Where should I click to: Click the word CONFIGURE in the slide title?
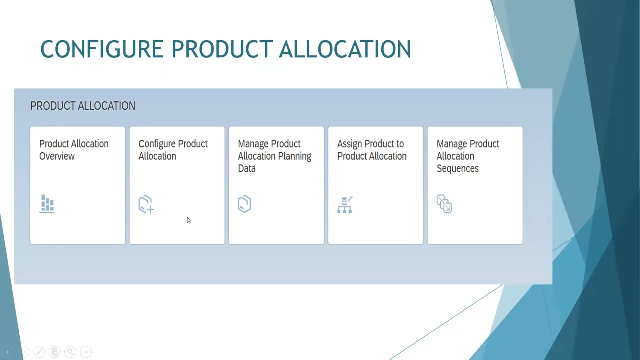[x=102, y=49]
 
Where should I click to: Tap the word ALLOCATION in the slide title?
[x=345, y=49]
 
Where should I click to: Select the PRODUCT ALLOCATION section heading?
[x=83, y=106]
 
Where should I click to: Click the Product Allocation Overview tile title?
[x=74, y=150]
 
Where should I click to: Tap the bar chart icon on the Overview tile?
[x=47, y=204]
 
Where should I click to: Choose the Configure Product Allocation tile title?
[x=173, y=150]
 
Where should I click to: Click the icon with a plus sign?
[x=146, y=204]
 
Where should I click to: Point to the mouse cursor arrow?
[x=188, y=220]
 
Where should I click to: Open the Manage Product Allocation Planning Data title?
[x=274, y=156]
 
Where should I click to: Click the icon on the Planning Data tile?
[x=244, y=204]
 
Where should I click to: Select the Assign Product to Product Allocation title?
[x=372, y=150]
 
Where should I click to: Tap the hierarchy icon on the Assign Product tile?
[x=345, y=204]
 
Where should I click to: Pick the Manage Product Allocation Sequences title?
[x=468, y=156]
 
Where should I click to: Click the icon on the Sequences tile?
[x=444, y=204]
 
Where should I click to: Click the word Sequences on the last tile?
[x=458, y=168]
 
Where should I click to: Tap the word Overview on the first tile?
[x=57, y=156]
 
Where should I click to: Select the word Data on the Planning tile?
[x=247, y=168]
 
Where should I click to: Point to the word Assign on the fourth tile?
[x=350, y=144]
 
